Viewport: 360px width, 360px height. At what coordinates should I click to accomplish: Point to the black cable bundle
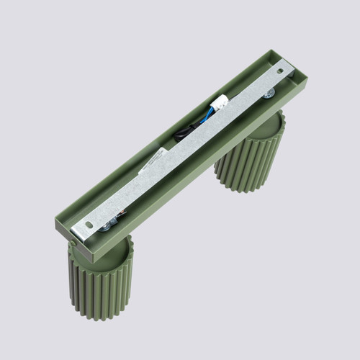click(189, 131)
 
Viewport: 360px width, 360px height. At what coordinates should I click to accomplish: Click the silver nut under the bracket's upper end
click(268, 94)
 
